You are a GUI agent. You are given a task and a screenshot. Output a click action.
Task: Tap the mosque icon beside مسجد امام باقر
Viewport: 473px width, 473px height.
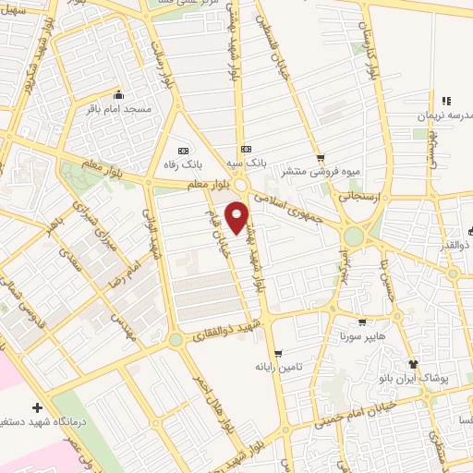coord(119,95)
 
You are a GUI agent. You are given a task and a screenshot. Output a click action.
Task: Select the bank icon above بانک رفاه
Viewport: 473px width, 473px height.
coord(181,151)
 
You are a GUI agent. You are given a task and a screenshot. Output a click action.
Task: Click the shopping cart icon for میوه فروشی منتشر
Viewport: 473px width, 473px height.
coord(321,158)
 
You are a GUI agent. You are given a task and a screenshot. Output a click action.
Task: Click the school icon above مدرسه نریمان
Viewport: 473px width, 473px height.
coord(445,101)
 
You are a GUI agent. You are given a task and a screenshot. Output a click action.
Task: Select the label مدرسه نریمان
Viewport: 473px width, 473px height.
coord(438,115)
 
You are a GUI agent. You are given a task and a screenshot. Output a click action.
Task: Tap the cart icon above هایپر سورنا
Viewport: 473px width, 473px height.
coord(361,322)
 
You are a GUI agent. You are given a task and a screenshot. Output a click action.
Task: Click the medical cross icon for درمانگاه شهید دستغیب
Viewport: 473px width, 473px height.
coord(37,407)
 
